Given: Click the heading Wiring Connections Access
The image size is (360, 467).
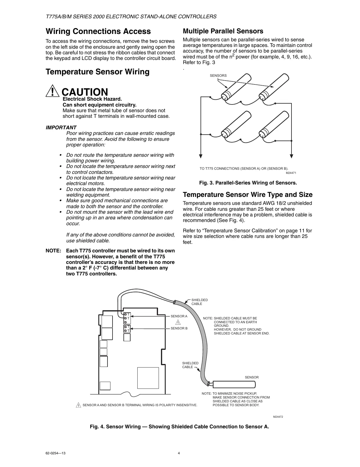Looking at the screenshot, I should pos(98,31).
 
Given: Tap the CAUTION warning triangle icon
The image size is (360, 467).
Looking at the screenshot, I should pos(52,92).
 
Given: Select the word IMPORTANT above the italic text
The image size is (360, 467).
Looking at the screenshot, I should pos(61,128).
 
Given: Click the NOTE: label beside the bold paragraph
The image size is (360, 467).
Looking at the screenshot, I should pos(53,251).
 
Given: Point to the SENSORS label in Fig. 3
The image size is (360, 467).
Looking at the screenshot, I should pos(218,76).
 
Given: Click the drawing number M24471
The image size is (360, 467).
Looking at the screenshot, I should pos(291,173).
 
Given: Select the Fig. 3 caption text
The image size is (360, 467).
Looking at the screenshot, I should pos(248,183).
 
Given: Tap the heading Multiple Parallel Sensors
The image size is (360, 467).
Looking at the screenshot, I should pos(223,31).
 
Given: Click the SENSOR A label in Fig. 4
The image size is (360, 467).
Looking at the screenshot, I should pos(179,316).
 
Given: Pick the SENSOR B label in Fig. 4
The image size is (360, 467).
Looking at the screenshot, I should pos(179,328).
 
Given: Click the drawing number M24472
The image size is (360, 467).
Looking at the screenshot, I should pos(278,417).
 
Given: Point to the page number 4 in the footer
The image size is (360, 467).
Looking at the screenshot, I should pos(179,453).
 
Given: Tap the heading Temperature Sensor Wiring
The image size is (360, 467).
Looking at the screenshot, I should pos(97,72).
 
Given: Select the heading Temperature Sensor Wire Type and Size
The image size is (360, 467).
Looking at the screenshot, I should pos(247,195).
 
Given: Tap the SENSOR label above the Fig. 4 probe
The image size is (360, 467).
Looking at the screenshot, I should pos(252,377).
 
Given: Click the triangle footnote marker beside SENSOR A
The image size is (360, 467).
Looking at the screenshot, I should pos(179,322).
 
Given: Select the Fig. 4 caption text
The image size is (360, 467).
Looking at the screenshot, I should pos(179,427).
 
